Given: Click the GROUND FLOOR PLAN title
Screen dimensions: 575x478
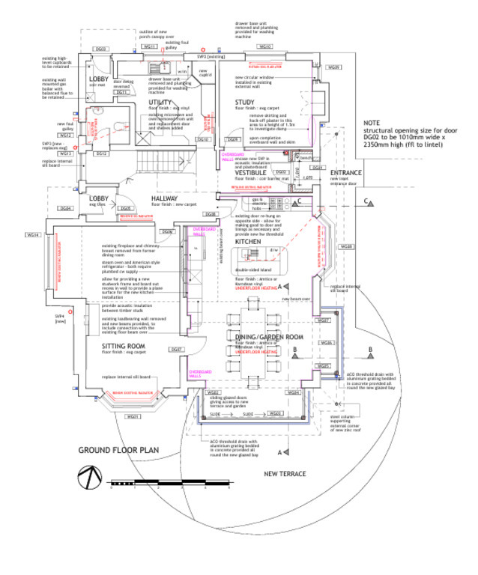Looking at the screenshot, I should pos(119,450).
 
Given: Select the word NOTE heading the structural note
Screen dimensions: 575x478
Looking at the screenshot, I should pos(372,123).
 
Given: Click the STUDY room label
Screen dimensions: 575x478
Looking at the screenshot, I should pos(245,102).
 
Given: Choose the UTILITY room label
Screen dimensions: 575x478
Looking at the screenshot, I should pos(160,102).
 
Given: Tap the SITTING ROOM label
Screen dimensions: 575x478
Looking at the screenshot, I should pos(124,346).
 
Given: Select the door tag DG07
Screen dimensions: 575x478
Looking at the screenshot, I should pos(177,350).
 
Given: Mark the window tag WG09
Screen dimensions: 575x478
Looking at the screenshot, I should pos(334,68).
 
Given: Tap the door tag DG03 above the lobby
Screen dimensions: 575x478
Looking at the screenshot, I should pos(102,49).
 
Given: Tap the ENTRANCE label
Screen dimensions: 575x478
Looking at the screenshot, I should pos(345,173).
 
